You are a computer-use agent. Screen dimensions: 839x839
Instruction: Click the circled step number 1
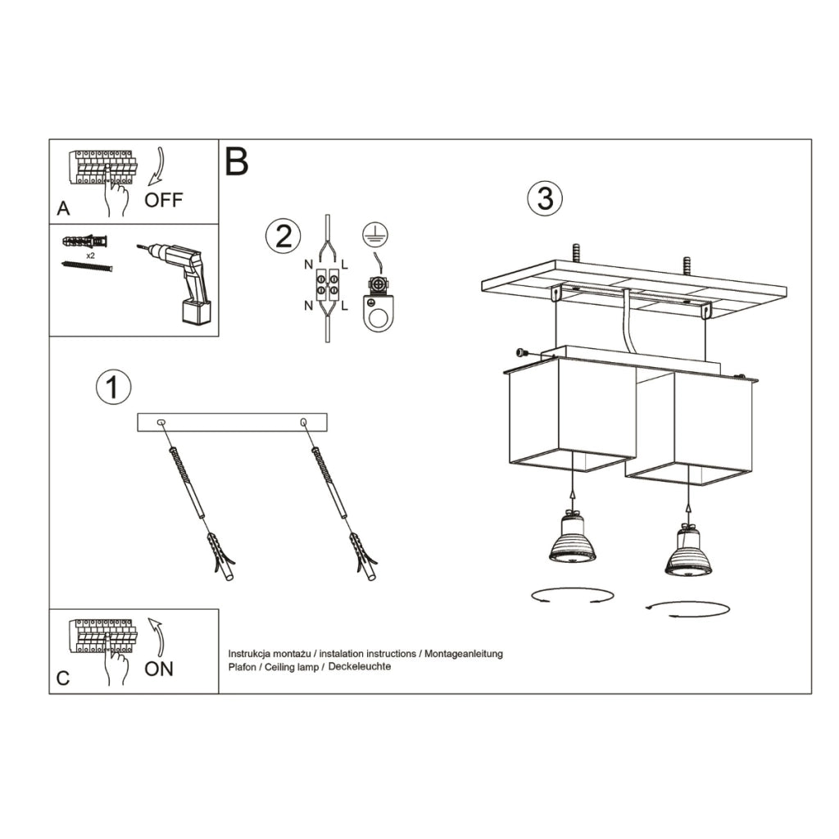pyautogui.click(x=113, y=388)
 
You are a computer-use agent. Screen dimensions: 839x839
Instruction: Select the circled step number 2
pyautogui.click(x=283, y=236)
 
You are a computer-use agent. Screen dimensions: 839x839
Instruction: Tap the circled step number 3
pyautogui.click(x=545, y=198)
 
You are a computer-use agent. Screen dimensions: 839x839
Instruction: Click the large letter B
pyautogui.click(x=236, y=162)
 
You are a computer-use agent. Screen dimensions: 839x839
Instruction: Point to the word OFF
pyautogui.click(x=164, y=200)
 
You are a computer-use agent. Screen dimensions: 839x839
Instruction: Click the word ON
pyautogui.click(x=159, y=669)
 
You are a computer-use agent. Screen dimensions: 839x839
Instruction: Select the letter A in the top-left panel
pyautogui.click(x=63, y=209)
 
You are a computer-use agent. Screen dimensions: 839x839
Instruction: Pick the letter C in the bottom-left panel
pyautogui.click(x=63, y=678)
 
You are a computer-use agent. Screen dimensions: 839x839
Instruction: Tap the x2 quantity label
pyautogui.click(x=90, y=255)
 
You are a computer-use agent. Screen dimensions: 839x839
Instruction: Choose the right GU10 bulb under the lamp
pyautogui.click(x=688, y=551)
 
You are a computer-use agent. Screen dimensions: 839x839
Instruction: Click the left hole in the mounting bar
pyautogui.click(x=161, y=422)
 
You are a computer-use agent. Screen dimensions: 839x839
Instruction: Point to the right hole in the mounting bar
pyautogui.click(x=304, y=422)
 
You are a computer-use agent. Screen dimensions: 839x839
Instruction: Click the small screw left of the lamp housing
pyautogui.click(x=522, y=352)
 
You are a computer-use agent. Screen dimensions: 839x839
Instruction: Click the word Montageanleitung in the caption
pyautogui.click(x=463, y=654)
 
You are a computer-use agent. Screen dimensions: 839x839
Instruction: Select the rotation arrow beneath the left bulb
pyautogui.click(x=572, y=595)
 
